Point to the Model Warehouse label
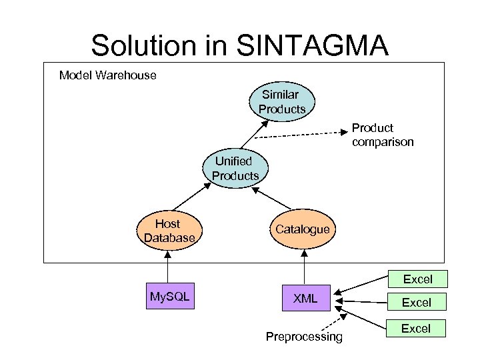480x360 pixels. pos(107,75)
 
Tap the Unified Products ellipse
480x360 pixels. pos(235,169)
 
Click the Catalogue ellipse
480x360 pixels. pos(303,229)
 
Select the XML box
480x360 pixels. pos(305,299)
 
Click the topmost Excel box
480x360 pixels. pos(417,279)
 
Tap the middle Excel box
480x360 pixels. pos(417,303)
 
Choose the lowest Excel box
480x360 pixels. pos(417,328)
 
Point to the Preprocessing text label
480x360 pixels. pos(304,337)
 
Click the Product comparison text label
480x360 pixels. pos(383,135)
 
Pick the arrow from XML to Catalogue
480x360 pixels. pos(304,267)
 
